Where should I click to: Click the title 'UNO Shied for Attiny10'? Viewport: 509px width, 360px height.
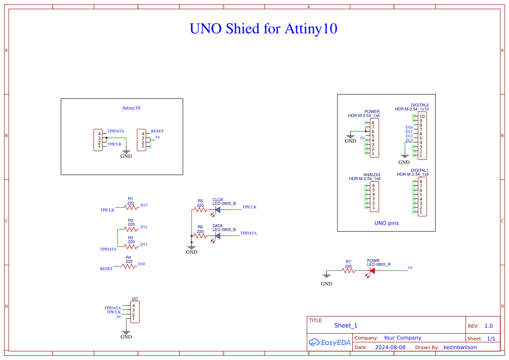pos(263,29)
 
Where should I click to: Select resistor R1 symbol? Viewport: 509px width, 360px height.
pos(131,208)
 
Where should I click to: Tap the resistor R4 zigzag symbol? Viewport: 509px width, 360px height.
pos(129,266)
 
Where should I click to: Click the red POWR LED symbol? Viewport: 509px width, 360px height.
pos(371,270)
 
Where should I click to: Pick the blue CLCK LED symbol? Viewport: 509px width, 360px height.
pos(217,210)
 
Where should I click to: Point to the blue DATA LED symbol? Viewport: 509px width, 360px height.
pos(217,236)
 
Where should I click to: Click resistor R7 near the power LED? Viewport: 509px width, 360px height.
pos(348,270)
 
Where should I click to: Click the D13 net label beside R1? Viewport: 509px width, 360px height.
pos(144,205)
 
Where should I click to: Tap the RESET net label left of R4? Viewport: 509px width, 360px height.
pos(106,269)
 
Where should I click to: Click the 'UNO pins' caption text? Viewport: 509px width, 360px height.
pos(386,223)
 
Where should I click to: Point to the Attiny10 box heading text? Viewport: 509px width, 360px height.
pos(131,108)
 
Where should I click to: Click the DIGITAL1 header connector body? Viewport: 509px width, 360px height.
pos(422,197)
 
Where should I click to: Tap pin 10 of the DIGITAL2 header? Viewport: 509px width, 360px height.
pos(422,117)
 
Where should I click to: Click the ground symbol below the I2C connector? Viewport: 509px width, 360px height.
pos(126,332)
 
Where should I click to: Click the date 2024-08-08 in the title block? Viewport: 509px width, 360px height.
pos(390,347)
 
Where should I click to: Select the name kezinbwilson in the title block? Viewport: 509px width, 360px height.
pos(460,347)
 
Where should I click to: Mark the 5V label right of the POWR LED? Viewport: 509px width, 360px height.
pos(410,268)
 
